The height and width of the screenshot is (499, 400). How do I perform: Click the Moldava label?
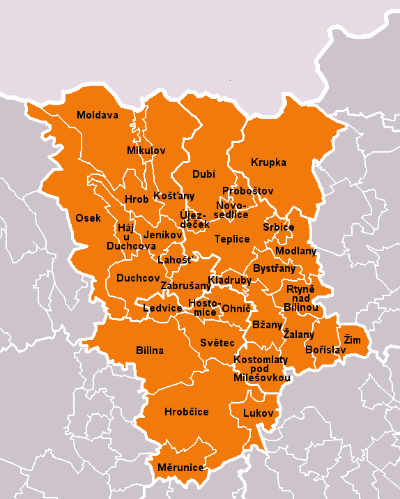[x=98, y=115]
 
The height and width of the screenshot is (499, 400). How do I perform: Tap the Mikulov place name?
[x=146, y=151]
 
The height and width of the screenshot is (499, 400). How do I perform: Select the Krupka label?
[x=268, y=162]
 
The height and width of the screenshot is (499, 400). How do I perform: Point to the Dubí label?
[x=204, y=174]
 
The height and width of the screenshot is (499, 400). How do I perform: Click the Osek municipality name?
[x=89, y=218]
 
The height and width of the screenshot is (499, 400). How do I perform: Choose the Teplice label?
[x=232, y=239]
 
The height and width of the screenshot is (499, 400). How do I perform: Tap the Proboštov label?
[x=248, y=191]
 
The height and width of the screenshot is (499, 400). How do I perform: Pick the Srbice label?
[x=278, y=228]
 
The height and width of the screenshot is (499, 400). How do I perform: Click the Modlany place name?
[x=295, y=251]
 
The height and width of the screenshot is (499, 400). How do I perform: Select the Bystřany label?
[x=274, y=268]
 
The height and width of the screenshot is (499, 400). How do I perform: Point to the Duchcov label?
[x=138, y=278]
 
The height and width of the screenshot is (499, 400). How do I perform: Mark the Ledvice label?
[x=162, y=308]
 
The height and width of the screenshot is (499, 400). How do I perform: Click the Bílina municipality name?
[x=150, y=351]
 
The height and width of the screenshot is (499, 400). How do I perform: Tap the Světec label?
[x=217, y=343]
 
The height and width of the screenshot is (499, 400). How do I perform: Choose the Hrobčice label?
[x=186, y=412]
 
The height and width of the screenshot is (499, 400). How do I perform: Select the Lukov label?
[x=259, y=413]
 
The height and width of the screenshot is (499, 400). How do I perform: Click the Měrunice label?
[x=180, y=468]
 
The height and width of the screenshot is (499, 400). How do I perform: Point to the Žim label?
[x=352, y=339]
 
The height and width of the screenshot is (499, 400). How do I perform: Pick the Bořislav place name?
[x=325, y=350]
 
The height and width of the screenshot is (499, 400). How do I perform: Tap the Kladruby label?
[x=229, y=280]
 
